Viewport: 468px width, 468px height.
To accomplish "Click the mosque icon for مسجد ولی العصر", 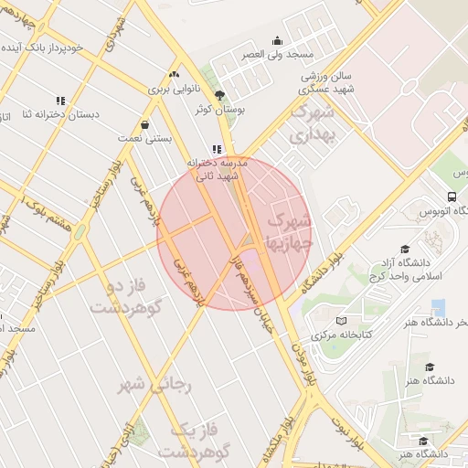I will (278, 40).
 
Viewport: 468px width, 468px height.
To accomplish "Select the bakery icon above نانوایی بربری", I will (174, 74).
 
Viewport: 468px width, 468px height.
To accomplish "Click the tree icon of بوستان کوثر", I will (218, 94).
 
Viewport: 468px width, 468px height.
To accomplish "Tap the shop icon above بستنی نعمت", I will (144, 124).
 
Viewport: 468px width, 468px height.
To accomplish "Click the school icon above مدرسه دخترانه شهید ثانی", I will (217, 148).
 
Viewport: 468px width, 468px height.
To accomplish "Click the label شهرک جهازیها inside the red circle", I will (289, 232).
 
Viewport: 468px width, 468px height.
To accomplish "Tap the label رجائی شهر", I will (154, 385).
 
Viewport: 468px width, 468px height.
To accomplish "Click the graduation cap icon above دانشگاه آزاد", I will (404, 250).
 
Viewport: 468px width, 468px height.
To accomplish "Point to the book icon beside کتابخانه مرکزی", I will (341, 322).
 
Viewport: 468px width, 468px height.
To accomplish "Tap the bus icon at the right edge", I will (452, 197).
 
